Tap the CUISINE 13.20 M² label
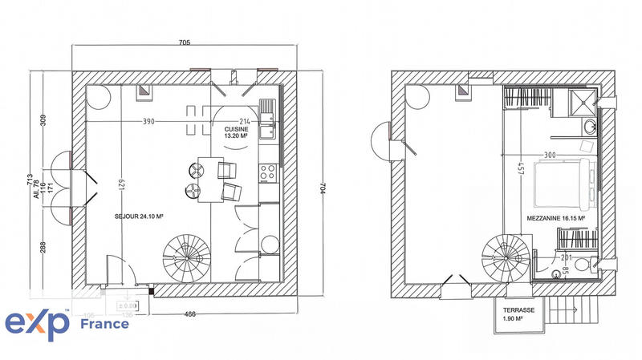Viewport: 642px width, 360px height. pos(237,132)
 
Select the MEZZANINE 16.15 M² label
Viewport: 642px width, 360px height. pos(555,218)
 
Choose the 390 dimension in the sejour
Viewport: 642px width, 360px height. pos(148,123)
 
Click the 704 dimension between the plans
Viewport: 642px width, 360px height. pos(323,186)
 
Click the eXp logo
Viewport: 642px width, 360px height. pos(38,324)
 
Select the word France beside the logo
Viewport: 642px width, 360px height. pos(105,324)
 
